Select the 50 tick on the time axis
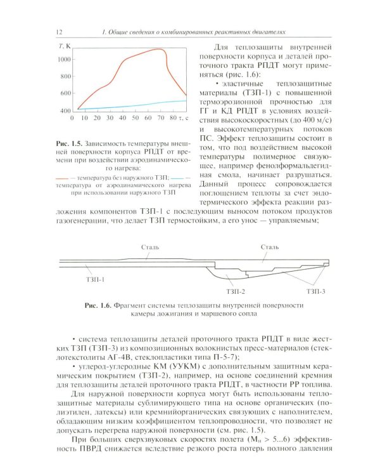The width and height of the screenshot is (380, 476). click(x=134, y=118)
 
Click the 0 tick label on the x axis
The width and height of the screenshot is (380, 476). click(x=73, y=118)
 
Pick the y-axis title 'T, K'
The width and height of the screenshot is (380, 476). click(x=64, y=46)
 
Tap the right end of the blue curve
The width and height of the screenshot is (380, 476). click(x=187, y=100)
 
